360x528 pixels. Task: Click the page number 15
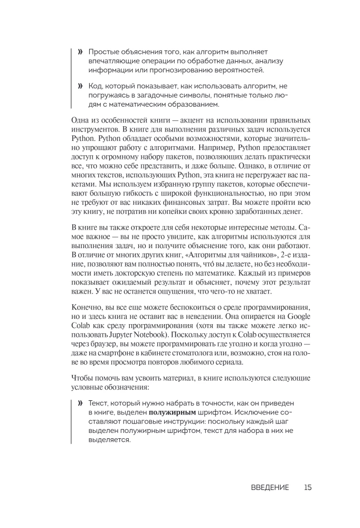click(308, 487)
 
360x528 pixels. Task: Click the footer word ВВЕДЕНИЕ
click(270, 487)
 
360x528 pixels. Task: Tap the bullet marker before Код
click(80, 86)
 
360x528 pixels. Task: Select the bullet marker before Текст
click(80, 403)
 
